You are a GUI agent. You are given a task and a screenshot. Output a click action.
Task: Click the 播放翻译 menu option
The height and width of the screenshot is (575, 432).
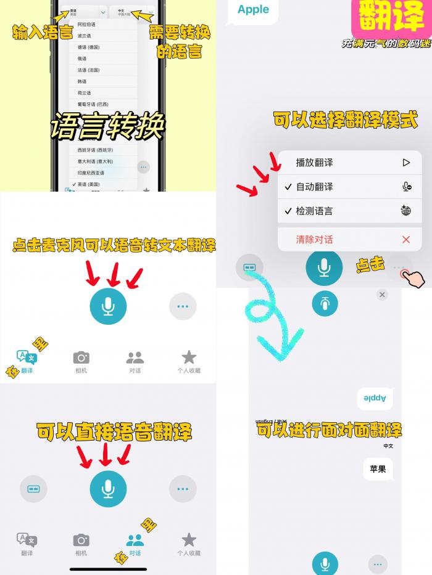click(315, 163)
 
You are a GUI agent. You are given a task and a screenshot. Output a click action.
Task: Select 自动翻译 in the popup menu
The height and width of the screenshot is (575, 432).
click(315, 187)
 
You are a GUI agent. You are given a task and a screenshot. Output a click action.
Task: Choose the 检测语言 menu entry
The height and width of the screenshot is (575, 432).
click(315, 211)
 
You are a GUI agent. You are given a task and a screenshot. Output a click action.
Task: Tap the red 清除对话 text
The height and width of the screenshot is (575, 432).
click(315, 239)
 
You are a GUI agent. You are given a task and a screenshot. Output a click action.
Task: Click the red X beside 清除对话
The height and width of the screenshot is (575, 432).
click(405, 239)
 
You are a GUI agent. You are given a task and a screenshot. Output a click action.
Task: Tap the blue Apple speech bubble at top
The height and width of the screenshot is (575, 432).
click(253, 10)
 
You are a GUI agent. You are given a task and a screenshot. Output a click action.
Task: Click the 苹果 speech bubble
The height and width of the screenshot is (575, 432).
click(378, 469)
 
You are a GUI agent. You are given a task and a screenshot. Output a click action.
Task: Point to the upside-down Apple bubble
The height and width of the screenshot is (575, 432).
click(375, 399)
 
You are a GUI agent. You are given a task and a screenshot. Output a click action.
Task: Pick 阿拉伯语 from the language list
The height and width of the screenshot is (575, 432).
click(87, 24)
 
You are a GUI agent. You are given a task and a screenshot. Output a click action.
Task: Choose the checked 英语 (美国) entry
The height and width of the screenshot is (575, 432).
click(90, 184)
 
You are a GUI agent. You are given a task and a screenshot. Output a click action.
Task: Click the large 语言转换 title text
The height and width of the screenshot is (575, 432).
click(107, 126)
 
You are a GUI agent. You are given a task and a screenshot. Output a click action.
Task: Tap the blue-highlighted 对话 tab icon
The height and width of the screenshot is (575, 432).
click(135, 540)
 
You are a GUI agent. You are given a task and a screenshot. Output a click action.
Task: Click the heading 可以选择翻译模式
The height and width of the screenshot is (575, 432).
click(346, 120)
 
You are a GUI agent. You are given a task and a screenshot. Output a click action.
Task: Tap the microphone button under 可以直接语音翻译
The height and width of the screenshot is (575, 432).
click(108, 489)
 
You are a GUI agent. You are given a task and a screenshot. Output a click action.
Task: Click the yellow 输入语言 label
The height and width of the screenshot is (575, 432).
click(42, 33)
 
